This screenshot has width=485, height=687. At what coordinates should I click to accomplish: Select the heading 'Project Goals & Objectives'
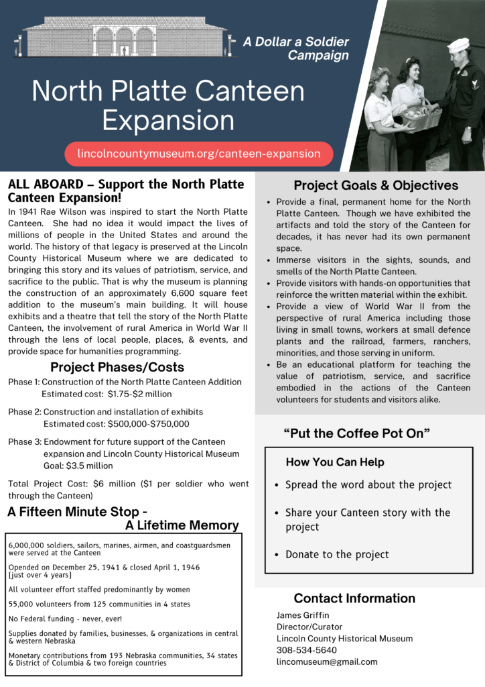(x=376, y=186)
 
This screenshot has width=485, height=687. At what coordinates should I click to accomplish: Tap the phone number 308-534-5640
(x=307, y=650)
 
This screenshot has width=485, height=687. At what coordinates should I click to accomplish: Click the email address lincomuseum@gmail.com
(x=327, y=662)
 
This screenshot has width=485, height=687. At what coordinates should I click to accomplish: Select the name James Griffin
(x=303, y=615)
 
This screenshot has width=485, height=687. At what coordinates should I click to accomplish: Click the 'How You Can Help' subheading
(x=335, y=462)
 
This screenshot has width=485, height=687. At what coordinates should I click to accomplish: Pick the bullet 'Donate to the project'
(x=337, y=554)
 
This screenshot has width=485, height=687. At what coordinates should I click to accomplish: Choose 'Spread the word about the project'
(x=368, y=484)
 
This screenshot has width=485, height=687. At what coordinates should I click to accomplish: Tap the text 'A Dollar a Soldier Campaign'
(x=298, y=48)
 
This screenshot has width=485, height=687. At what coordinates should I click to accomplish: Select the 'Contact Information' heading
(x=354, y=598)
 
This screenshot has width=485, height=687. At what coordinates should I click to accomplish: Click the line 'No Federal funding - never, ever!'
(x=66, y=619)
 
